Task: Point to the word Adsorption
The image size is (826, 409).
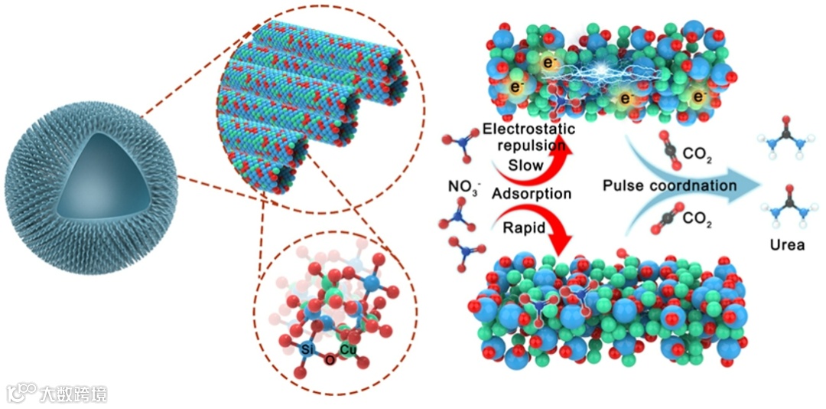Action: point(532,194)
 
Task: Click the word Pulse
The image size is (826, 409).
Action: point(626,186)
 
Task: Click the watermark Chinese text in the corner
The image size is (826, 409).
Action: point(74,394)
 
